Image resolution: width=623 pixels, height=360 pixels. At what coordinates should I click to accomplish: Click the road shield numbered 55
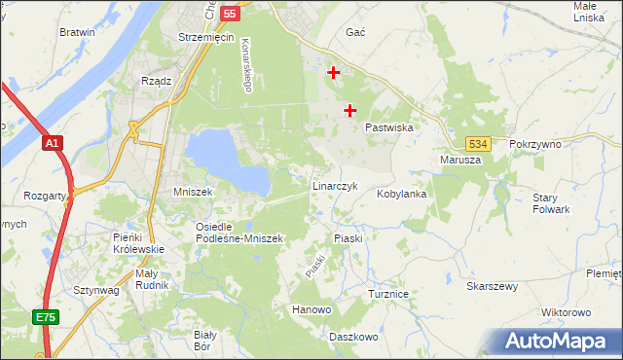point(230,14)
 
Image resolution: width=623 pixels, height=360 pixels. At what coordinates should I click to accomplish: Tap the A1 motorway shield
point(53,143)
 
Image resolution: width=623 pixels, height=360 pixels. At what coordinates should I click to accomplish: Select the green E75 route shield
point(46,317)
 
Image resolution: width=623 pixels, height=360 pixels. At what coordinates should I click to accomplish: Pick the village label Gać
point(355,32)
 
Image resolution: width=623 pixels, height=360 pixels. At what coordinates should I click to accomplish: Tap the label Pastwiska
point(390,127)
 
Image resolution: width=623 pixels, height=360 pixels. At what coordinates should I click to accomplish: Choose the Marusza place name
point(460,161)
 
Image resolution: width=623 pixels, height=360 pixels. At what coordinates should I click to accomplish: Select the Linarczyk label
point(336,185)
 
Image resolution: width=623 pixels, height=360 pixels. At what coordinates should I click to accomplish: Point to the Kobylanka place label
point(402,194)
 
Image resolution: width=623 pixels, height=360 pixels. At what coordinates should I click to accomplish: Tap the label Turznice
point(387,293)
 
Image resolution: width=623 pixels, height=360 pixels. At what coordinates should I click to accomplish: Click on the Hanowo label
point(311,310)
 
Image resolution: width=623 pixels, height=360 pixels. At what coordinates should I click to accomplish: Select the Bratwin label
point(77,32)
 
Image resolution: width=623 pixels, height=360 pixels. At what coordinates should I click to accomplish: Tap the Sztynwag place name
point(95,290)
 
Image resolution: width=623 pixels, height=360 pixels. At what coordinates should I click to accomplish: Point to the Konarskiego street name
point(246,66)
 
